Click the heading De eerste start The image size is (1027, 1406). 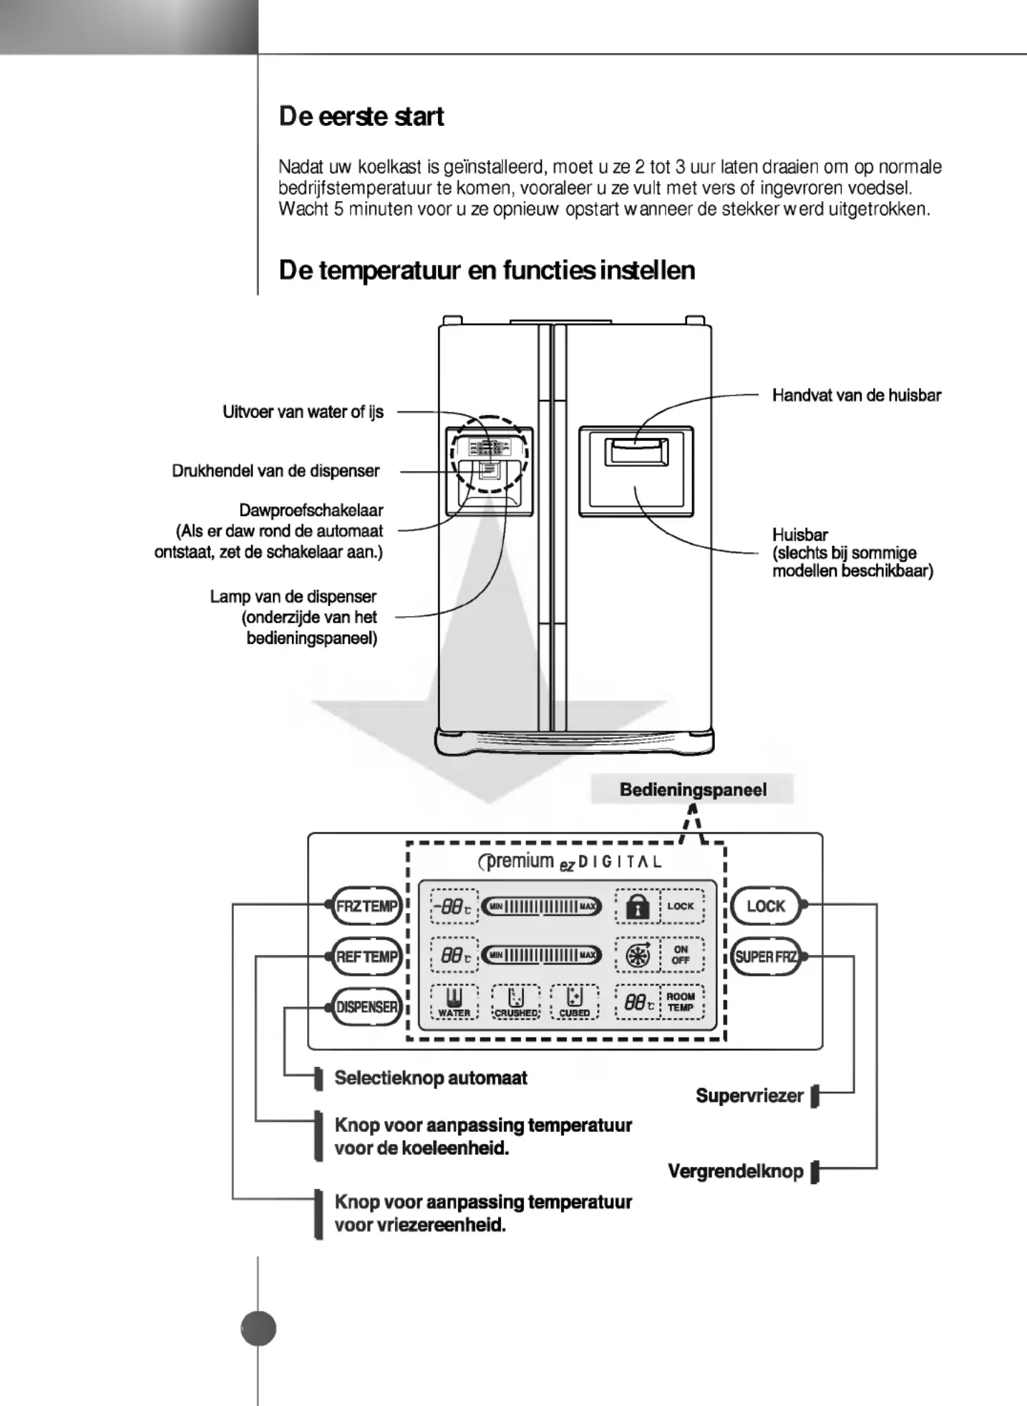361,117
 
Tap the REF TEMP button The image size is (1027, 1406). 366,957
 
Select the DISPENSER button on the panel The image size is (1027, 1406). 366,1007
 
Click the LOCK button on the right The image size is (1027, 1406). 766,906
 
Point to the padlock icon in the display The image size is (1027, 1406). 637,907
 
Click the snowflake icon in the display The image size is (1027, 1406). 638,956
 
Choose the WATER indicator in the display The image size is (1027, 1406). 454,1002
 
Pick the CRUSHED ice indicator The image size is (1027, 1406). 516,1002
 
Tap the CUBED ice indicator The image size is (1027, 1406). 575,1002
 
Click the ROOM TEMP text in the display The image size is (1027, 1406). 681,1002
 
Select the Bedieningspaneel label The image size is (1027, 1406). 693,790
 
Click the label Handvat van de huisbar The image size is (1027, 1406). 857,395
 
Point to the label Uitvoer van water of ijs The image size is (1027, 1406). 303,412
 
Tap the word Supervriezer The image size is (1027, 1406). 749,1095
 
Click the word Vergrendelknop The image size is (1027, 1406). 736,1171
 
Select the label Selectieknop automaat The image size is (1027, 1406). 431,1078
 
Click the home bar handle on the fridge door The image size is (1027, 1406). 636,451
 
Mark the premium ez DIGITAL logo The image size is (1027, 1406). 570,861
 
